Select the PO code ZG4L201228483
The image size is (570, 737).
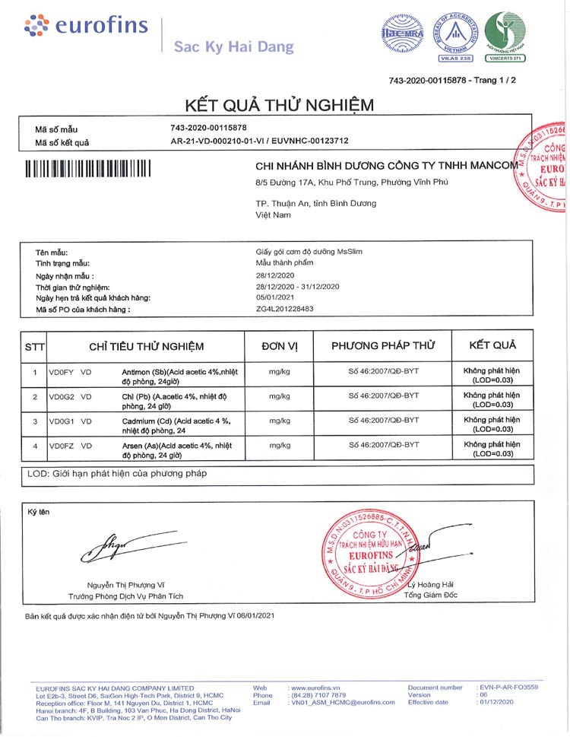pyautogui.click(x=285, y=310)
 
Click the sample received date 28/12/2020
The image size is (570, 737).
pyautogui.click(x=275, y=275)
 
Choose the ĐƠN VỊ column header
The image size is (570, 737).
pyautogui.click(x=280, y=346)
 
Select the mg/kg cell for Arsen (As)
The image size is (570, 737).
pyautogui.click(x=280, y=445)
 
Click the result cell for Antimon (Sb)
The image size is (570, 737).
pyautogui.click(x=492, y=375)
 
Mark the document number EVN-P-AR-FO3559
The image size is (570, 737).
pyautogui.click(x=508, y=687)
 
